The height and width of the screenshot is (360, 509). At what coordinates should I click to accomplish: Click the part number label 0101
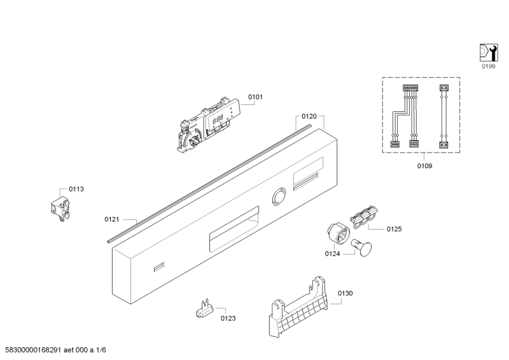[x=255, y=97]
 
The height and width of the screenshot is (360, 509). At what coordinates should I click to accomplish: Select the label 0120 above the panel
[x=309, y=116]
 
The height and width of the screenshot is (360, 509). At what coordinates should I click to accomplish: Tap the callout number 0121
[x=112, y=219]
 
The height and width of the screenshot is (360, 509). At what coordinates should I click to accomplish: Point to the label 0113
[x=76, y=189]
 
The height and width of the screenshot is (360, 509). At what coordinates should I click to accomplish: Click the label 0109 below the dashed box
[x=424, y=166]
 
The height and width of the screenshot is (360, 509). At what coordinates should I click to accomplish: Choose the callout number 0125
[x=394, y=229]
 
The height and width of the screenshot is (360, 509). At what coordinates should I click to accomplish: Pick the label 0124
[x=332, y=254]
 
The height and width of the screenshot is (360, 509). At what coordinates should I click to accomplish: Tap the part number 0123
[x=228, y=319]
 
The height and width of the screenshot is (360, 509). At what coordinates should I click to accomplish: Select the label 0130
[x=345, y=293]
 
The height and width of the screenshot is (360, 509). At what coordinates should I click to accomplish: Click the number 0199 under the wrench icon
[x=488, y=66]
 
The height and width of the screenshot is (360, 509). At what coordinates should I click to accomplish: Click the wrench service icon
[x=489, y=53]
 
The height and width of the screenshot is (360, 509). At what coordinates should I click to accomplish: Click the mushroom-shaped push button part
[x=361, y=247]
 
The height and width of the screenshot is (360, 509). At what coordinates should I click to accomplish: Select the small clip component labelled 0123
[x=205, y=309]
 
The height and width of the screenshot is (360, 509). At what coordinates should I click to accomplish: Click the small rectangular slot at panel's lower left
[x=158, y=267]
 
